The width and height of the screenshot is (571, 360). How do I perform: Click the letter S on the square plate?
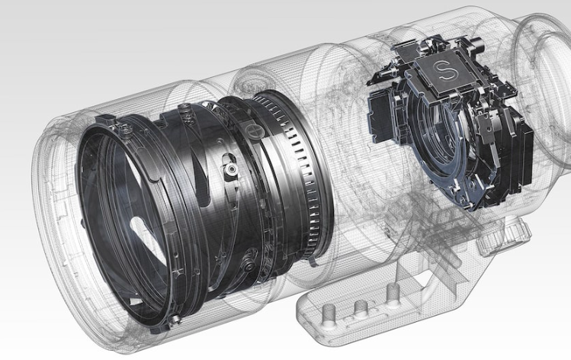coord(444,70)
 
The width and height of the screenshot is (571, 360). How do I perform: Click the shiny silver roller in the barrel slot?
coord(231,169)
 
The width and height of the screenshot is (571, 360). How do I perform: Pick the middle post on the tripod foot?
coord(361,307)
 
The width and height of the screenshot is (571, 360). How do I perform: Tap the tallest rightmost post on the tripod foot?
coord(393,294)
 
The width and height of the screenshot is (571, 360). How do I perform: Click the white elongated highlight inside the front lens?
coord(148,240)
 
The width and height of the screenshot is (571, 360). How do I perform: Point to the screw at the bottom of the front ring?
coord(175,319)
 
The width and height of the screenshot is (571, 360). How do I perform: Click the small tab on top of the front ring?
coord(106,120)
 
